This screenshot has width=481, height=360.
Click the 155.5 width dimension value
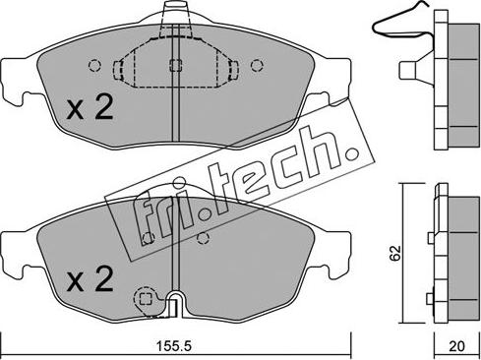coord(173,346)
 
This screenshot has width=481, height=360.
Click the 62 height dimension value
coord(395,253)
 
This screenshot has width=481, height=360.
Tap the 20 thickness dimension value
coord(456,346)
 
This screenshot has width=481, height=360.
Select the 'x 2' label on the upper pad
coord(90,106)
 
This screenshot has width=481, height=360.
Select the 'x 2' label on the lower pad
coord(90,278)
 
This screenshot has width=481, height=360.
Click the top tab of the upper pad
coord(176,12)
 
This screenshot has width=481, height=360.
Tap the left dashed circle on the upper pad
coord(94,66)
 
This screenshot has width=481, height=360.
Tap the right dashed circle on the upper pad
coord(257,66)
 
